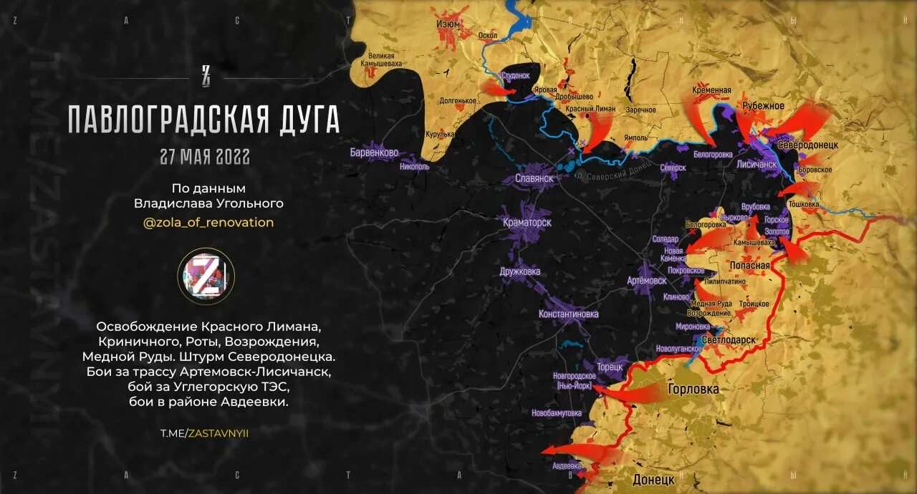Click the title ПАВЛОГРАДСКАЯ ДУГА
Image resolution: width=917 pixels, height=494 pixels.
(x=203, y=120)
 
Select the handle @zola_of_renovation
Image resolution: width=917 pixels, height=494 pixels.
(x=208, y=223)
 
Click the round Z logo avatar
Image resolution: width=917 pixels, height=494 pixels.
(x=206, y=276)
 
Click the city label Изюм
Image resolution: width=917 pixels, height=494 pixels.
(x=448, y=25)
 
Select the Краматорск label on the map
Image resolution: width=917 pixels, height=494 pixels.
(x=527, y=223)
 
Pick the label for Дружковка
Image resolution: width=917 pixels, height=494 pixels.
(x=520, y=272)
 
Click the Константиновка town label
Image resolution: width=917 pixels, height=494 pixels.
(x=569, y=314)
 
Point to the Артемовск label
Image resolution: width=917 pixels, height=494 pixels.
(x=645, y=281)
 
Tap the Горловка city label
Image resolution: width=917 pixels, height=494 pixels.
(x=693, y=389)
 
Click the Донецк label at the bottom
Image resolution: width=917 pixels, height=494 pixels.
(x=653, y=479)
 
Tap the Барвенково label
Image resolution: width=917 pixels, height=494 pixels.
(x=374, y=152)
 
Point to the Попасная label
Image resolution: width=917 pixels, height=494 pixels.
(x=749, y=266)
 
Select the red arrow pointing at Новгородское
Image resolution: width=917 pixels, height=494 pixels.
(x=630, y=392)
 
